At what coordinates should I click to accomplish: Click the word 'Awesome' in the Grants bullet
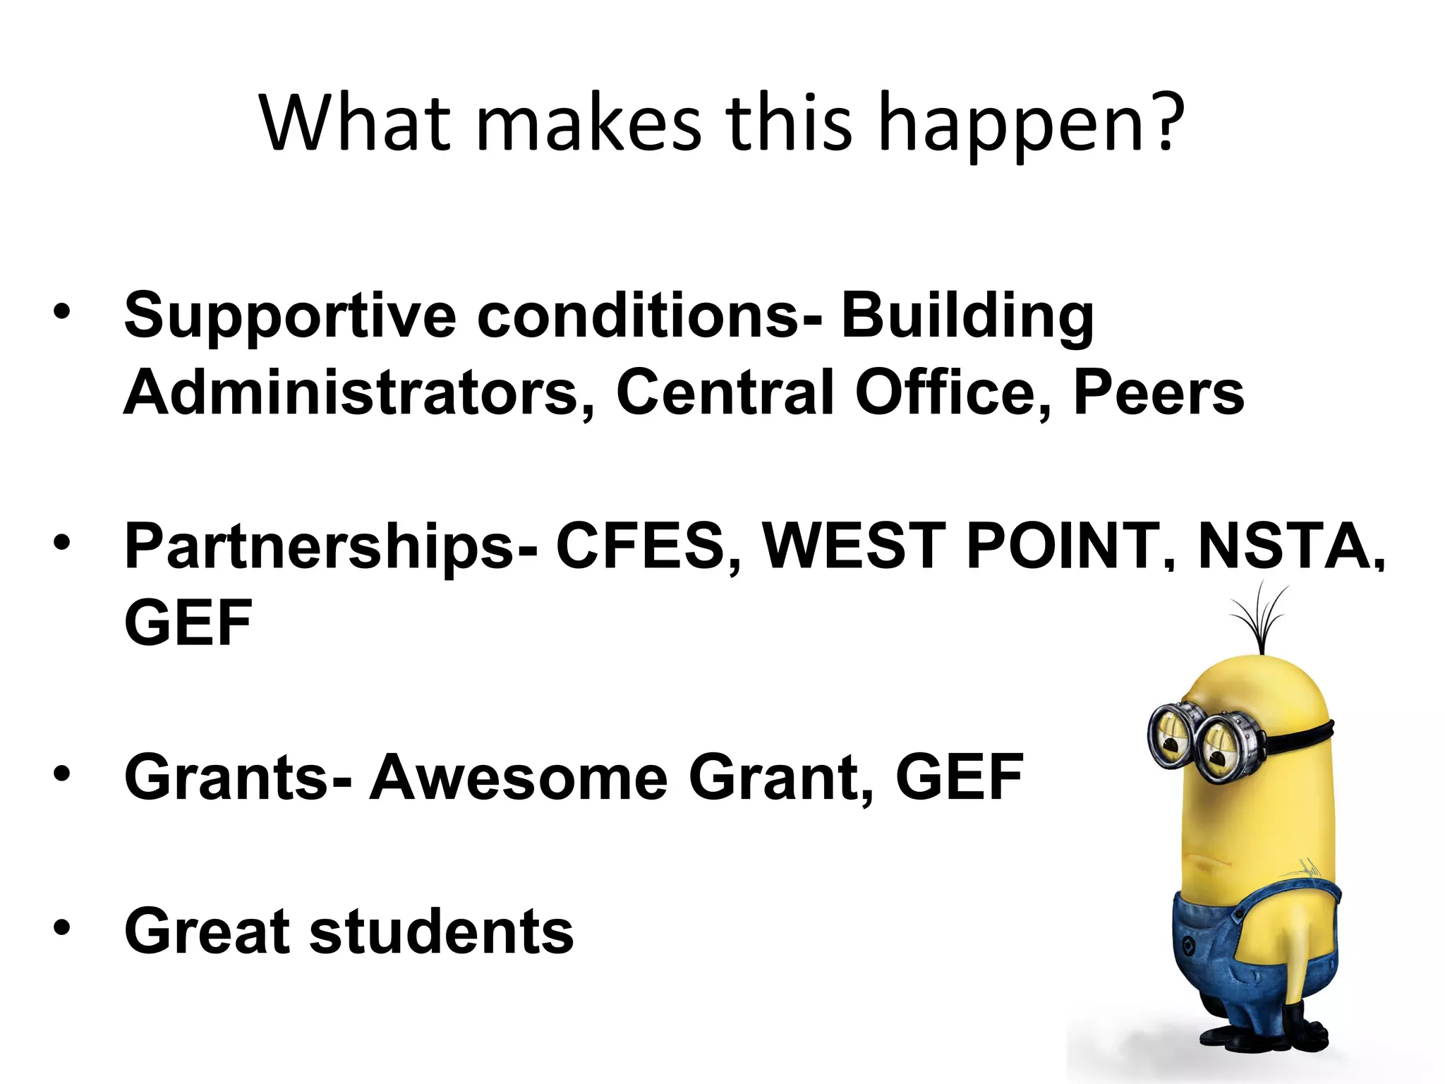pyautogui.click(x=519, y=778)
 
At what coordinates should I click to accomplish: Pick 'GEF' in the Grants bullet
pyautogui.click(x=960, y=778)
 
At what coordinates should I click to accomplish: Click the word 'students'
pyautogui.click(x=442, y=932)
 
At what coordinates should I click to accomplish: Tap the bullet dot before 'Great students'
pyautogui.click(x=62, y=927)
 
